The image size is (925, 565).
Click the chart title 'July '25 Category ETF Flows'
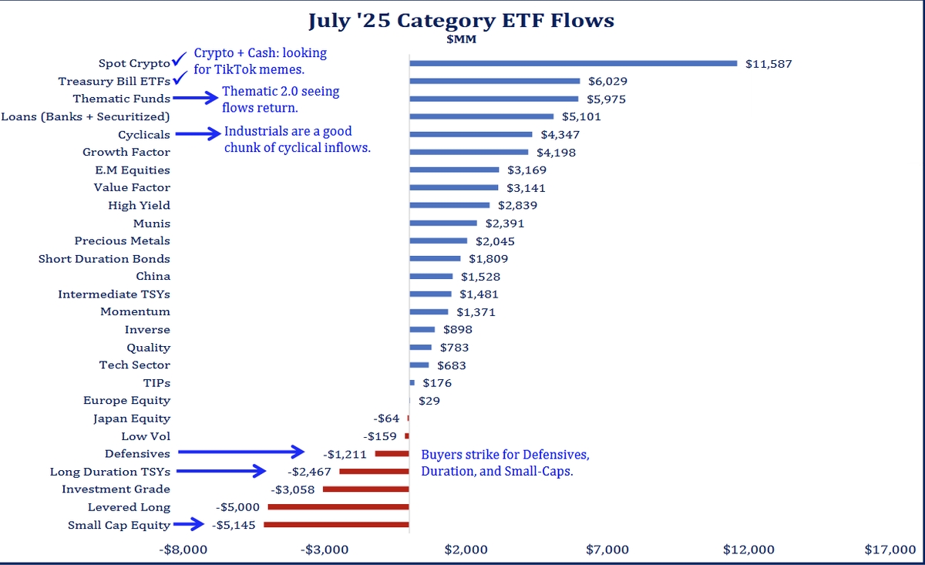pos(461,20)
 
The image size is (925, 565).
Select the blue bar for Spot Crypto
pos(573,63)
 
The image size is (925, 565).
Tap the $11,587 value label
pos(769,63)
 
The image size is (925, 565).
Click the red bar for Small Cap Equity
pos(336,525)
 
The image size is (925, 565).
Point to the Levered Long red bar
pos(338,507)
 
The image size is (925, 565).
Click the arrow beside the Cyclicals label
pos(197,134)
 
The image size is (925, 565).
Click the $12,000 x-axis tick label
pos(748,550)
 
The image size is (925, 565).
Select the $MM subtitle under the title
pos(461,40)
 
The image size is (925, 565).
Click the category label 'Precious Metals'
pos(123,241)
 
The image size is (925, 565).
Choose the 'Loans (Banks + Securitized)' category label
pos(86,116)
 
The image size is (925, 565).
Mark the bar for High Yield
pos(449,205)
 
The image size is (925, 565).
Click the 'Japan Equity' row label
pos(132,419)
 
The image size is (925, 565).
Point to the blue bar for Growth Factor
pos(469,152)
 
